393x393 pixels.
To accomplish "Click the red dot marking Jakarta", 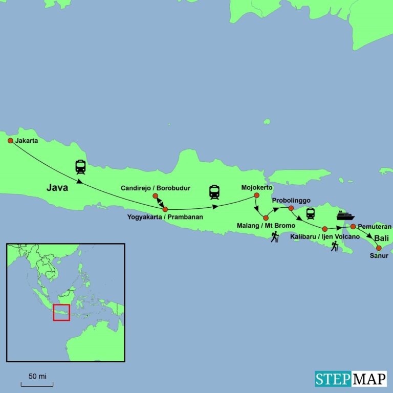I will point(10,140).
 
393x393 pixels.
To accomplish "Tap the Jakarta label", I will point(27,140).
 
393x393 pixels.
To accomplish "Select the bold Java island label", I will point(57,187).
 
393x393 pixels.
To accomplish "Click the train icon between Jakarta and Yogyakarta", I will point(80,167).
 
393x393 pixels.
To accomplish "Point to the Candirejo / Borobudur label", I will point(155,188).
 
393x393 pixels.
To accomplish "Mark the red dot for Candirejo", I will point(155,195).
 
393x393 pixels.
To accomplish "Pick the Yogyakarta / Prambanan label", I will point(165,217).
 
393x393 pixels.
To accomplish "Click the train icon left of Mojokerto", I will point(214,192).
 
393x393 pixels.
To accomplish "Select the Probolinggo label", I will point(291,200).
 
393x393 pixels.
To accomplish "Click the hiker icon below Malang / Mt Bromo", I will point(275,236).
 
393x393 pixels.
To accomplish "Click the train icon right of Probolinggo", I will point(310,213).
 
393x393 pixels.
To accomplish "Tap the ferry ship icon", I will point(345,215).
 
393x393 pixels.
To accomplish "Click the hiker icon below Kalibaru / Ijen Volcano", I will point(335,247).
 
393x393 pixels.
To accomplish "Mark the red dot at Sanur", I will point(379,248).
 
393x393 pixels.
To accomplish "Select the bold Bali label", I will point(381,238).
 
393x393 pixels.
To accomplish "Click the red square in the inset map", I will point(61,312).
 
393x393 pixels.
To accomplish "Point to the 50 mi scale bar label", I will point(37,377).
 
